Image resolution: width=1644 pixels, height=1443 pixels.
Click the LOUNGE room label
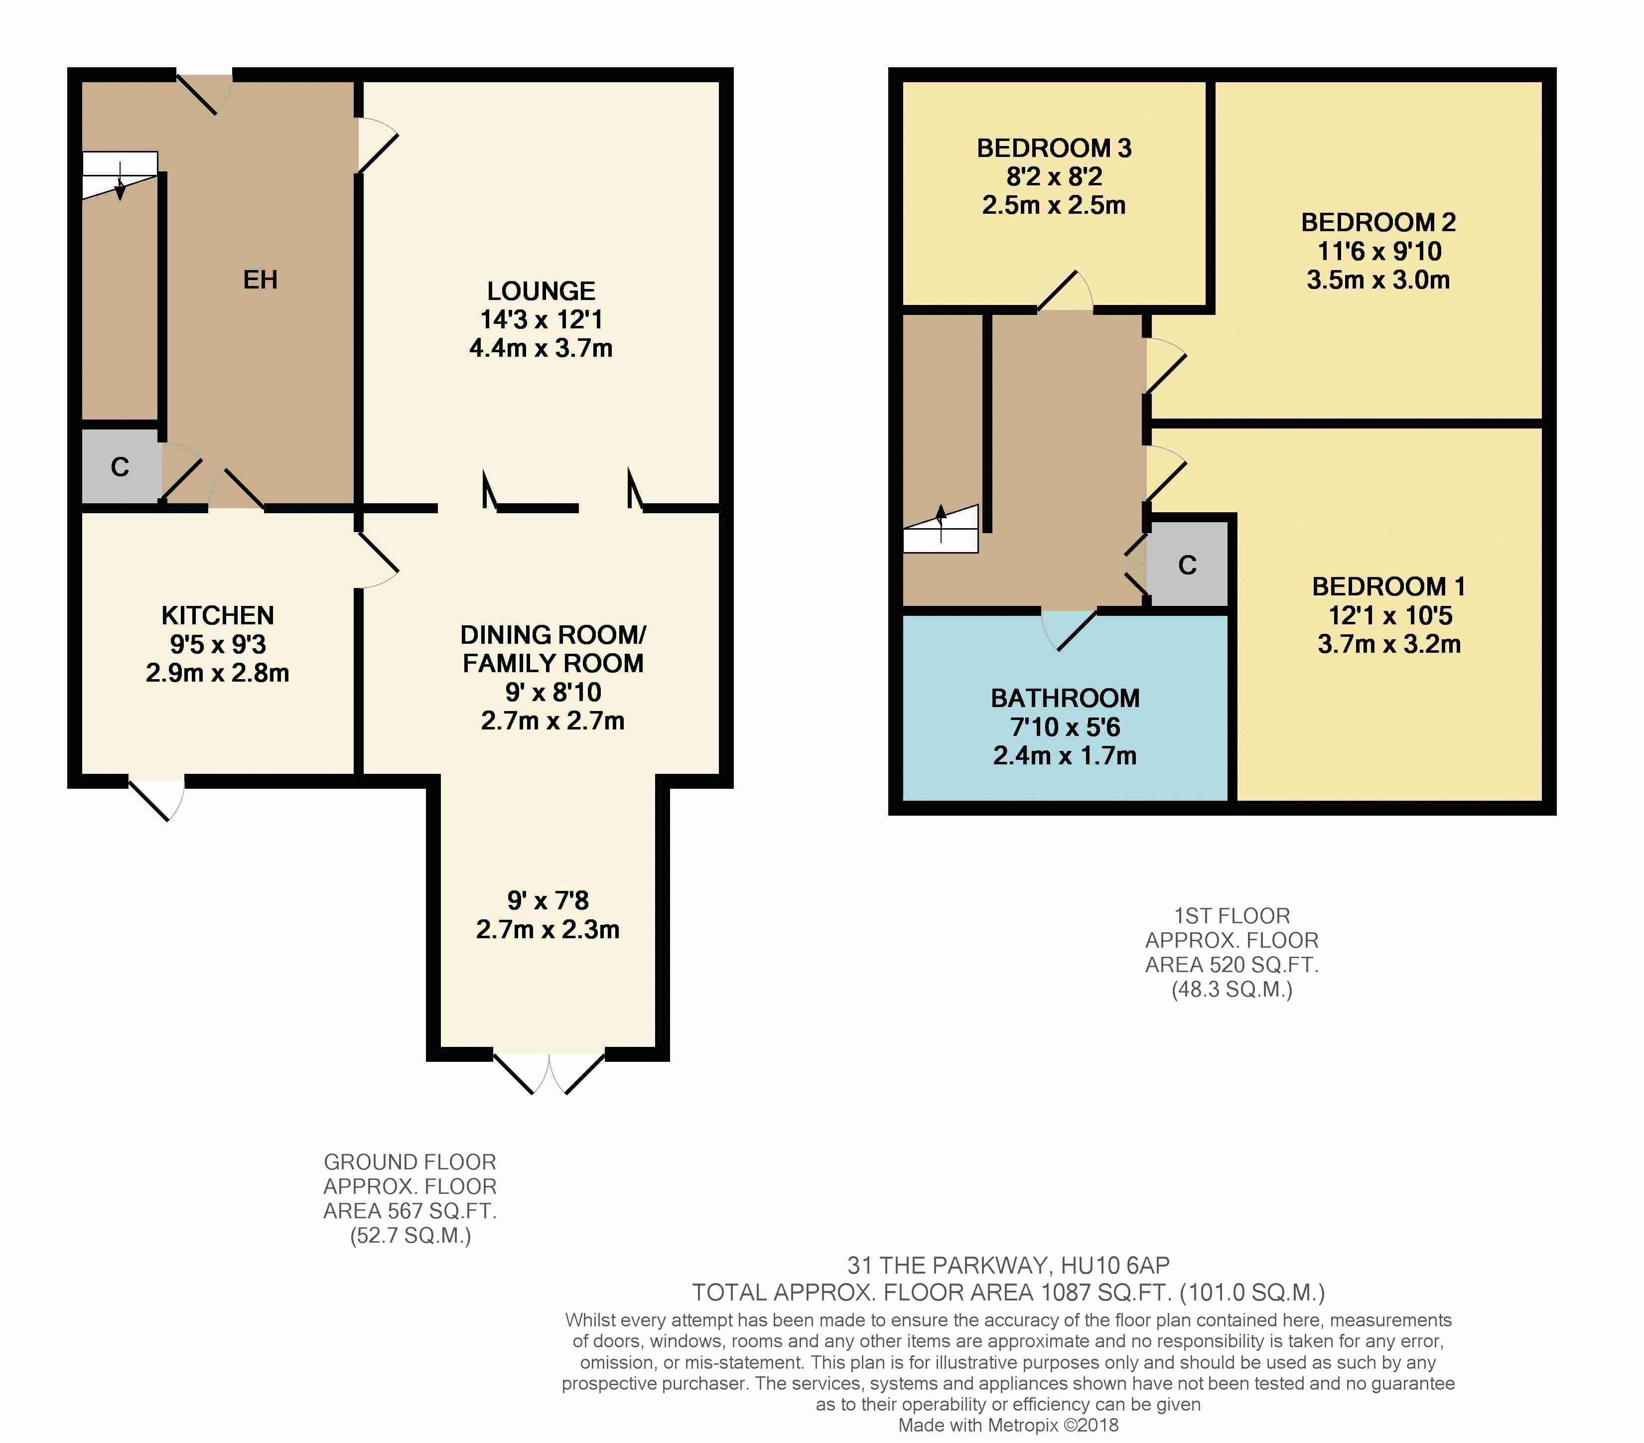pos(542,291)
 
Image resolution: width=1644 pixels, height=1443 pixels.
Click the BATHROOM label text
pos(1065,698)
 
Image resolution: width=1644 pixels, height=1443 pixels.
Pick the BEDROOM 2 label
pos(1378,222)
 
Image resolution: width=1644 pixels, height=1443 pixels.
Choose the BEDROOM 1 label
pos(1388,586)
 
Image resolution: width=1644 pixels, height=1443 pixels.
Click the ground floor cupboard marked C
pos(120,466)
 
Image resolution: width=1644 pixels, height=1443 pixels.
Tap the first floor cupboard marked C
pos(1187,565)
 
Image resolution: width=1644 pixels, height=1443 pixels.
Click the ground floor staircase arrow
pos(120,180)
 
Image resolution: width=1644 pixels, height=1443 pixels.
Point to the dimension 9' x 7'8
pos(548,900)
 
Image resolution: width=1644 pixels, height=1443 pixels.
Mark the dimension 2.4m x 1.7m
pos(1065,756)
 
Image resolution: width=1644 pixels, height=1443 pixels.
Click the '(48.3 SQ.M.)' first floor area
pos(1232,990)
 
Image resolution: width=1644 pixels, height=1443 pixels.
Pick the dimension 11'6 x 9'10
pos(1378,251)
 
